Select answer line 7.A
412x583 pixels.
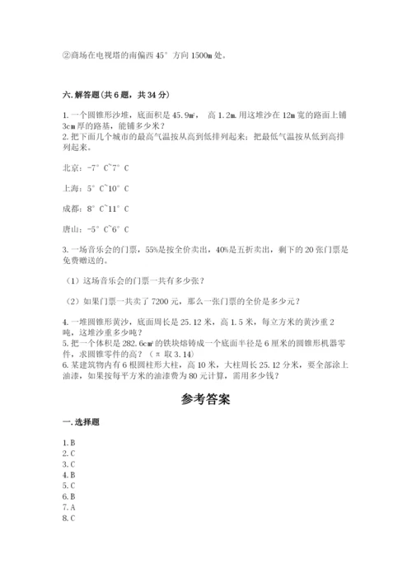coord(68,508)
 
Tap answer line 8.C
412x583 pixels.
coord(68,519)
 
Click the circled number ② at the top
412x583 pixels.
coord(65,56)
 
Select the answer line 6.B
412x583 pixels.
coord(68,497)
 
